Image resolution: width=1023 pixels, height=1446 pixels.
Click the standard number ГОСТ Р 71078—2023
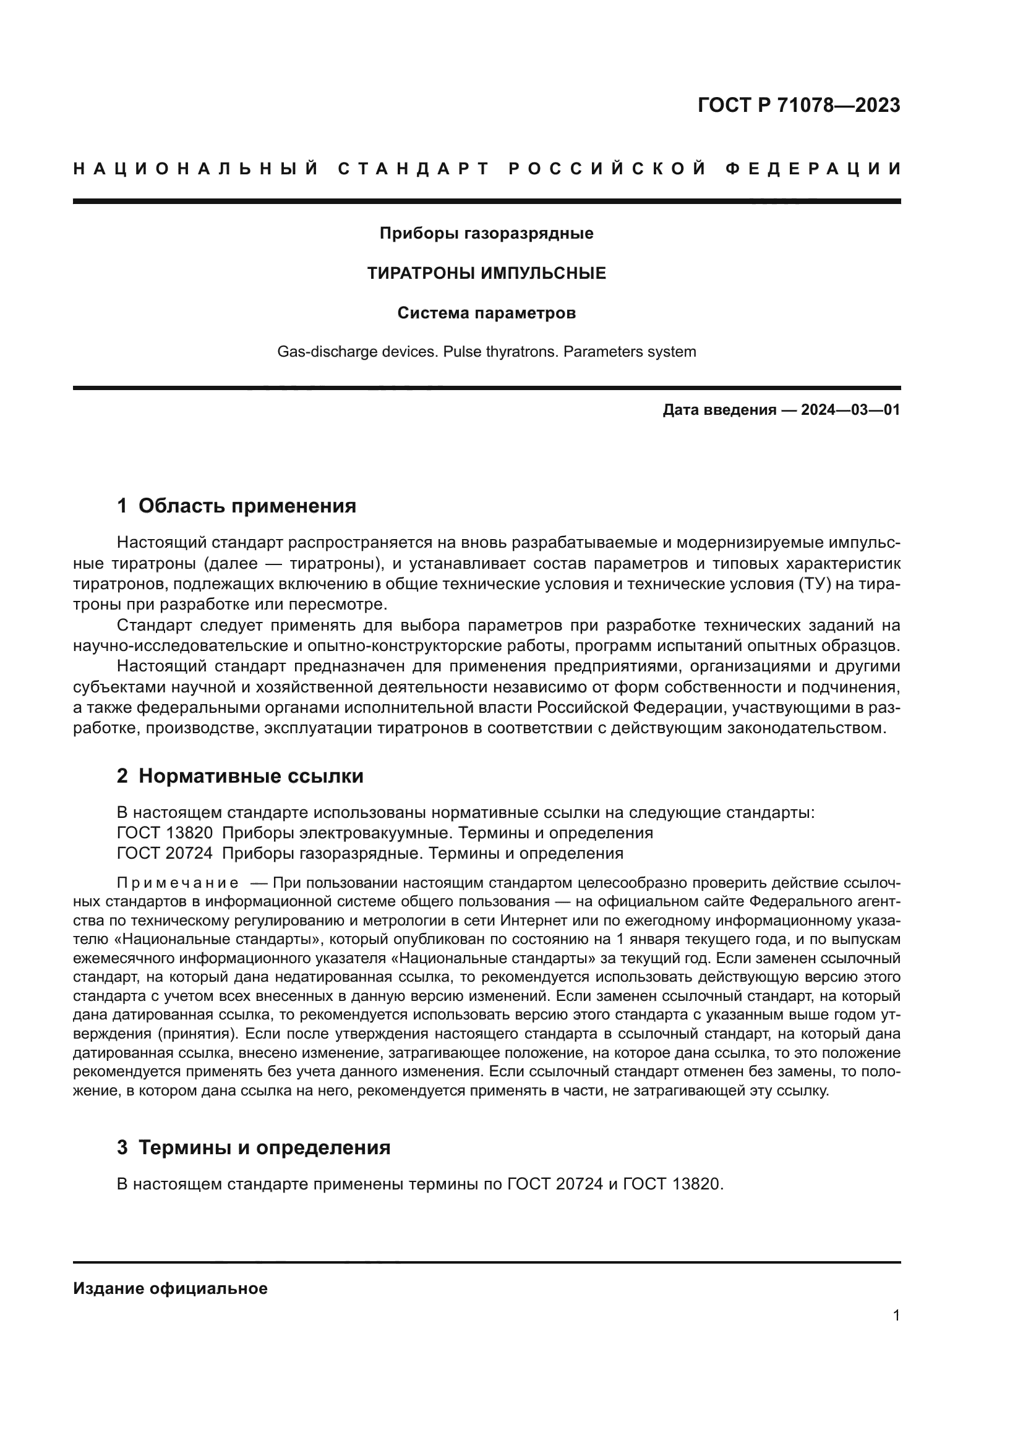(x=798, y=105)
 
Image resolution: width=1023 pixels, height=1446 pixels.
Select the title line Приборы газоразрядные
(x=486, y=234)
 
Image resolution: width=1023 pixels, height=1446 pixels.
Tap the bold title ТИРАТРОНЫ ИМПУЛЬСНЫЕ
(x=486, y=273)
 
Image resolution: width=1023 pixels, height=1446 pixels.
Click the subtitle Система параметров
(x=486, y=313)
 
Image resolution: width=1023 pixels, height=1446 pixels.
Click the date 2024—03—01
(x=850, y=410)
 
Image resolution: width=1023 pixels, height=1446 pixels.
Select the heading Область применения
(x=247, y=506)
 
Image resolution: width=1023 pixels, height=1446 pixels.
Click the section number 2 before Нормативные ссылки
(x=122, y=776)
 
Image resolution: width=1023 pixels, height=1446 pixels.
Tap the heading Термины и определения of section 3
(x=265, y=1147)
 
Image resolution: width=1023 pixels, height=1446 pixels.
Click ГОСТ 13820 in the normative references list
(x=165, y=833)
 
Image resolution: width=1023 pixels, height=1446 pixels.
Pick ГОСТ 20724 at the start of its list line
(x=165, y=853)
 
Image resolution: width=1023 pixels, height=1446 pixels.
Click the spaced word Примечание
(x=178, y=883)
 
